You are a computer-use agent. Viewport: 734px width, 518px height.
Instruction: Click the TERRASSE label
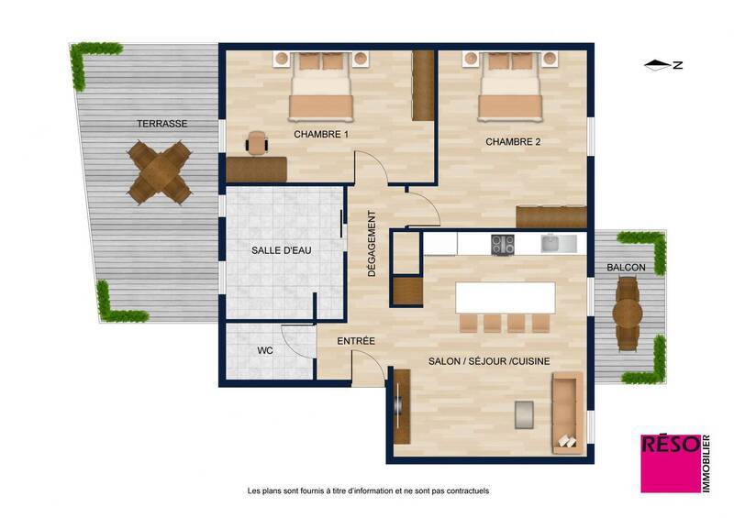[162, 123]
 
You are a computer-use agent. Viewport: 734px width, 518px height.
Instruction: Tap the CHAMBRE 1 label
[321, 134]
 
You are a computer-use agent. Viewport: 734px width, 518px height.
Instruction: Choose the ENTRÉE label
[356, 341]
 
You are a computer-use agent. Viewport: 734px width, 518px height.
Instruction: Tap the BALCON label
[626, 268]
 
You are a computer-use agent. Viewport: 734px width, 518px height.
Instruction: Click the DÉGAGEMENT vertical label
[372, 245]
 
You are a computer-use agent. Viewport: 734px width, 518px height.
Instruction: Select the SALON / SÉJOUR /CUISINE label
[489, 361]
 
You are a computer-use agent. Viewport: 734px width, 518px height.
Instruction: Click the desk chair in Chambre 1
[258, 142]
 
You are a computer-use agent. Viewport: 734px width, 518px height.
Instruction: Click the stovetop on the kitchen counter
[503, 244]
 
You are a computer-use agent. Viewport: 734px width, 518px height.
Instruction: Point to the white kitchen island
[506, 298]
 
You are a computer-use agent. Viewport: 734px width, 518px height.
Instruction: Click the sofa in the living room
[566, 412]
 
